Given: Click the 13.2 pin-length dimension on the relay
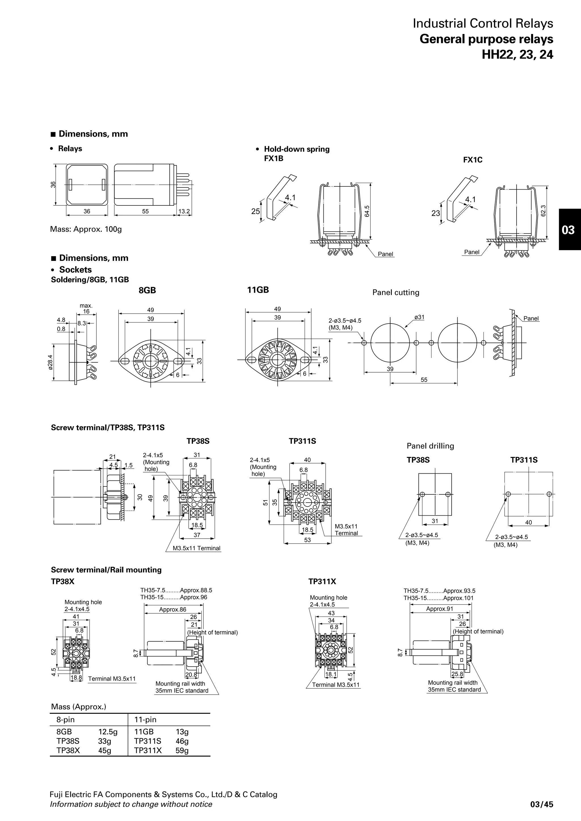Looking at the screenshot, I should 184,211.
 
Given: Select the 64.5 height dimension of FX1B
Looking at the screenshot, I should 367,211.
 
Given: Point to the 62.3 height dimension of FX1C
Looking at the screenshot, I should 544,210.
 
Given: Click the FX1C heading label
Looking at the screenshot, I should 473,160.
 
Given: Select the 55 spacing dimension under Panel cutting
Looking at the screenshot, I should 424,380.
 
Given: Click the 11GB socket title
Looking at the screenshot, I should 258,290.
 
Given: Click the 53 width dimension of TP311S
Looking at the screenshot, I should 307,540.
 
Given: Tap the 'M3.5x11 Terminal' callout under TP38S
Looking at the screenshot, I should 197,548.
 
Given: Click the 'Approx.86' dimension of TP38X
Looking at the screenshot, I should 172,609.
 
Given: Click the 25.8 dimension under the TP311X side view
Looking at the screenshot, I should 457,674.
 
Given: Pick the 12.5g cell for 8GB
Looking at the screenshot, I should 108,731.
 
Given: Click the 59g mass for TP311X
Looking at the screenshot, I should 182,750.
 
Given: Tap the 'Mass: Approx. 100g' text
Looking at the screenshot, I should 86,229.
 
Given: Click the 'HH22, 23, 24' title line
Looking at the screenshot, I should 517,54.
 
